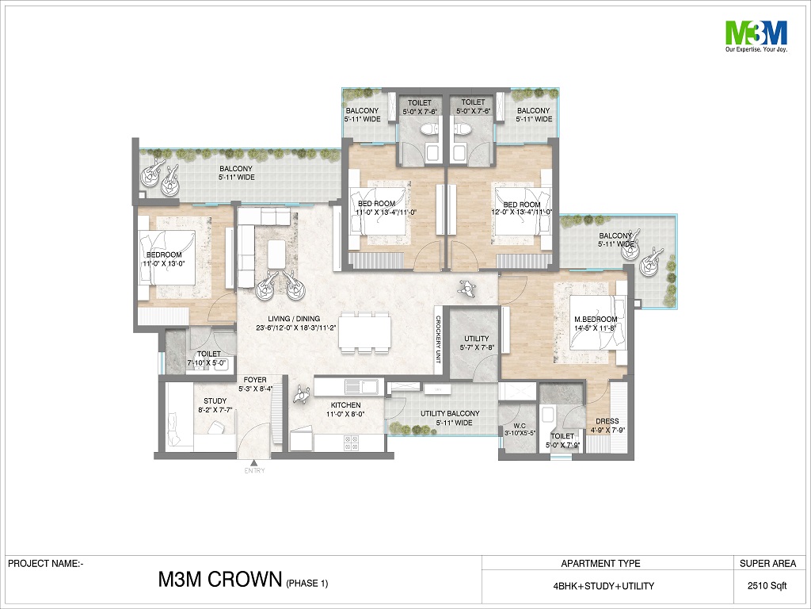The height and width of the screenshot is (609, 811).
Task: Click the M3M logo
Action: tap(756, 36)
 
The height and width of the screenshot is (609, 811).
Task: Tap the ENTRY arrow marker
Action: tap(254, 463)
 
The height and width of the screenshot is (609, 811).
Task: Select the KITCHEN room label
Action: tap(345, 405)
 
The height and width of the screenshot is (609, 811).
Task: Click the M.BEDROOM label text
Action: tap(596, 320)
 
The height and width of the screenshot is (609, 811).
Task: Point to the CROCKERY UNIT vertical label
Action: tap(438, 339)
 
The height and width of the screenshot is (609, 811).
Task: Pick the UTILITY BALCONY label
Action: tap(450, 413)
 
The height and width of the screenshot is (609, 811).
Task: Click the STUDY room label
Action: tap(215, 400)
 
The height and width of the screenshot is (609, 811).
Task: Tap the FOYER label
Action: tap(255, 380)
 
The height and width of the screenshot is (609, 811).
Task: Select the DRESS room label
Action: tap(607, 421)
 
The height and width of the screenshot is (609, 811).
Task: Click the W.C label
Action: tap(520, 425)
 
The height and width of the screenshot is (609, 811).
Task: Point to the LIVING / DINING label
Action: tap(294, 319)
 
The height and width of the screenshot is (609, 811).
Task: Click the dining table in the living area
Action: tap(364, 332)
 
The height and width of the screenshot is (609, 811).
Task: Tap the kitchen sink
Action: tap(363, 386)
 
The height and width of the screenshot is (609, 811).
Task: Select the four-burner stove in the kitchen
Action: tap(351, 442)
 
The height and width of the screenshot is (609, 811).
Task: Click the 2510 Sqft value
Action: tap(767, 586)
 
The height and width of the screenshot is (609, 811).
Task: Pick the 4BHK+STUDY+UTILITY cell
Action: tap(603, 586)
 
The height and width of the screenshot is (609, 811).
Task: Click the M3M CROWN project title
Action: tap(220, 580)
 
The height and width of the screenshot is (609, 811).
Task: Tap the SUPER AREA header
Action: tap(767, 564)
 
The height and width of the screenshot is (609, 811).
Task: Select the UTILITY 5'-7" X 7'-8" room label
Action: tap(476, 343)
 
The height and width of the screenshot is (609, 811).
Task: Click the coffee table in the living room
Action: tap(276, 254)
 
